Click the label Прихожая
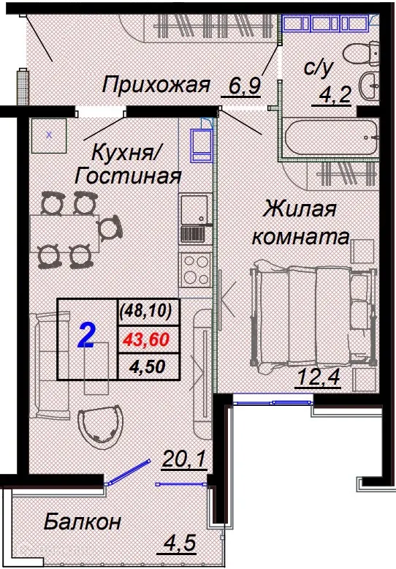pos(156,85)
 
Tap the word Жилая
pos(300,210)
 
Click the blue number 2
pos(86,338)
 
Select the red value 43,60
pos(146,339)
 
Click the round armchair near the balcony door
pos(99,430)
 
